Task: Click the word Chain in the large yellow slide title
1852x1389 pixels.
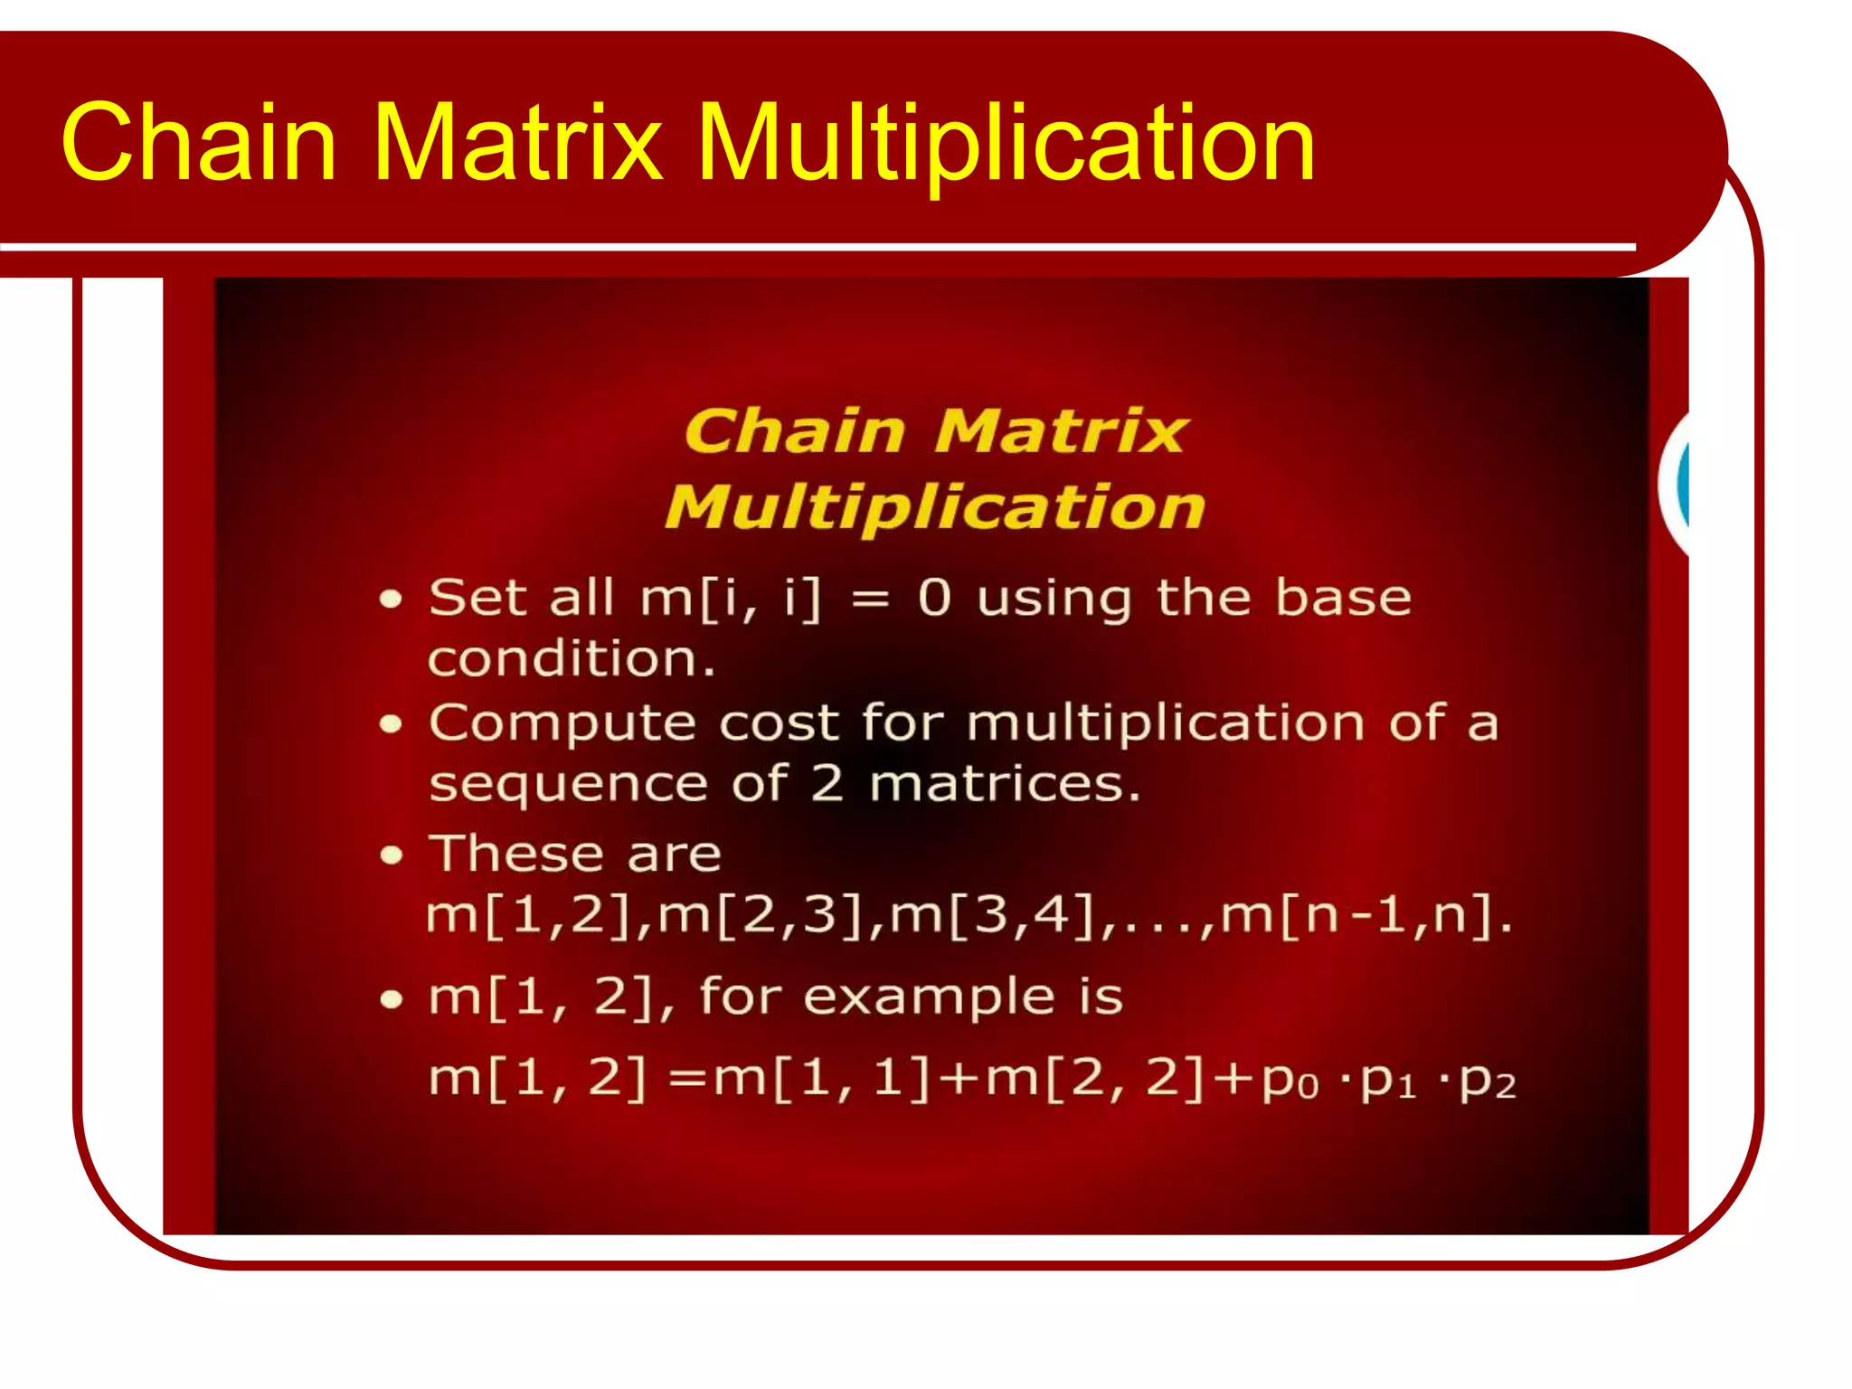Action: (199, 142)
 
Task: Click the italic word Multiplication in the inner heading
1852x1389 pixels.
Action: (935, 507)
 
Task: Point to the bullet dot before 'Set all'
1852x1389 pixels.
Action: (391, 599)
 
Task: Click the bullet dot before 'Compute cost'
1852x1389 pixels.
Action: (391, 723)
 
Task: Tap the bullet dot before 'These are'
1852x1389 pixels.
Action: (391, 855)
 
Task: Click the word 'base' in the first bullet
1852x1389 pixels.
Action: (1342, 598)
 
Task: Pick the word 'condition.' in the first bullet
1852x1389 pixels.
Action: (572, 658)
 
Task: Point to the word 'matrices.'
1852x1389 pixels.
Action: (1004, 784)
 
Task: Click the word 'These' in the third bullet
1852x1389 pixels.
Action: (516, 854)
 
